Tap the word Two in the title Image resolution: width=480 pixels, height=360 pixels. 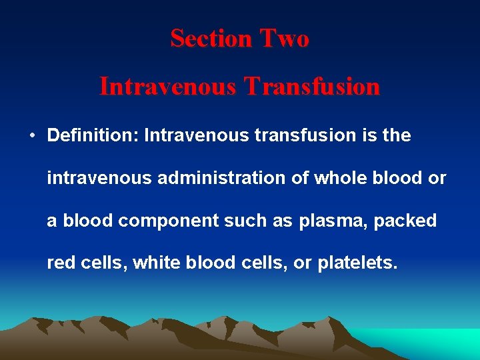(285, 39)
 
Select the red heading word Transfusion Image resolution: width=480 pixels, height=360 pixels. (312, 87)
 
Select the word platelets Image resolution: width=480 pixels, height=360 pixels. (357, 263)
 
